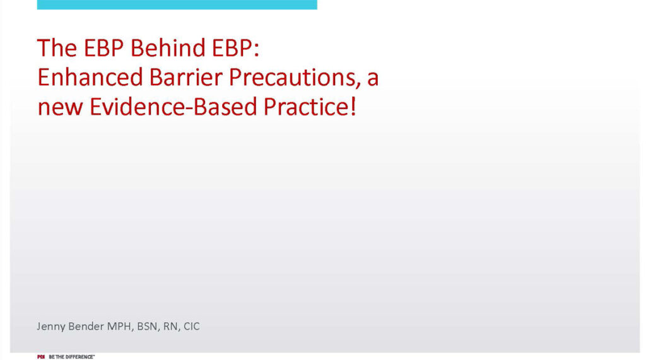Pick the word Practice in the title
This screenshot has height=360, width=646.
tap(305, 107)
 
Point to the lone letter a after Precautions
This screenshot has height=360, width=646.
tap(373, 78)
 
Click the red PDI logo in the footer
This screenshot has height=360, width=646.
tap(41, 357)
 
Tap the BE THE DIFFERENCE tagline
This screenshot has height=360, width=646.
tap(71, 357)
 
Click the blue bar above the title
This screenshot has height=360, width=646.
tap(177, 4)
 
